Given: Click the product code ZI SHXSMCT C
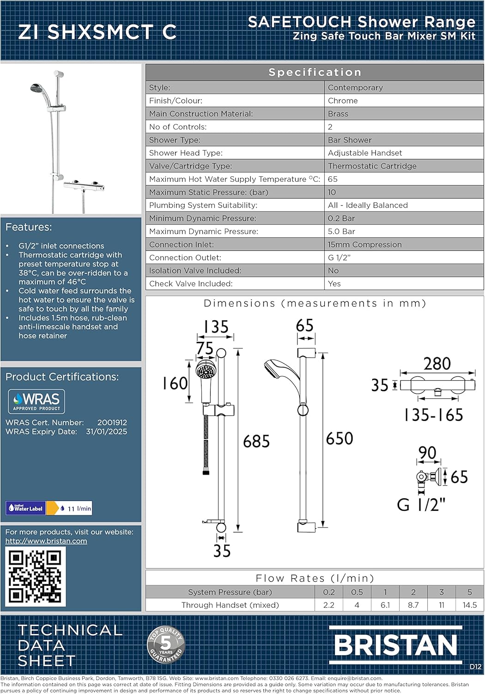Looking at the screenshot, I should point(97,32).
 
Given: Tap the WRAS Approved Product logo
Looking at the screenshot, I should point(36,401).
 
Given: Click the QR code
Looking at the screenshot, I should point(35,576).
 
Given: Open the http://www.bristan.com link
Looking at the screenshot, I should point(46,541).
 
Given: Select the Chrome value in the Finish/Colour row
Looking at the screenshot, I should point(342,101).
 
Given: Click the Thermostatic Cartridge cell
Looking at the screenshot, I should point(372,166).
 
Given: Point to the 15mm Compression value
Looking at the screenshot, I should point(364,245).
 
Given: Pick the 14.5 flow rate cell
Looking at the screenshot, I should point(469,605).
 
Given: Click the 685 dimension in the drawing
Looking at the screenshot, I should point(256,441).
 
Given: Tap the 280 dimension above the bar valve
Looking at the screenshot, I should point(437,364).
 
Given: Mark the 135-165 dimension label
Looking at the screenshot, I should point(433,415).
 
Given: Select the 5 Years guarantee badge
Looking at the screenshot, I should point(166,644).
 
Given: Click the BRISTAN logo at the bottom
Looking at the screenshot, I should point(395,645).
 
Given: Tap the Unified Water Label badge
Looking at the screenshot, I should point(26,508).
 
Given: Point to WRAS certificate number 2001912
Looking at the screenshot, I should point(112,422).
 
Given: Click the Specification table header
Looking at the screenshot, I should point(315,72).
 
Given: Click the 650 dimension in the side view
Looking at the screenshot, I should point(339,439).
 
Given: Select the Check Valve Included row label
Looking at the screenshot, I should point(190,284).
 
